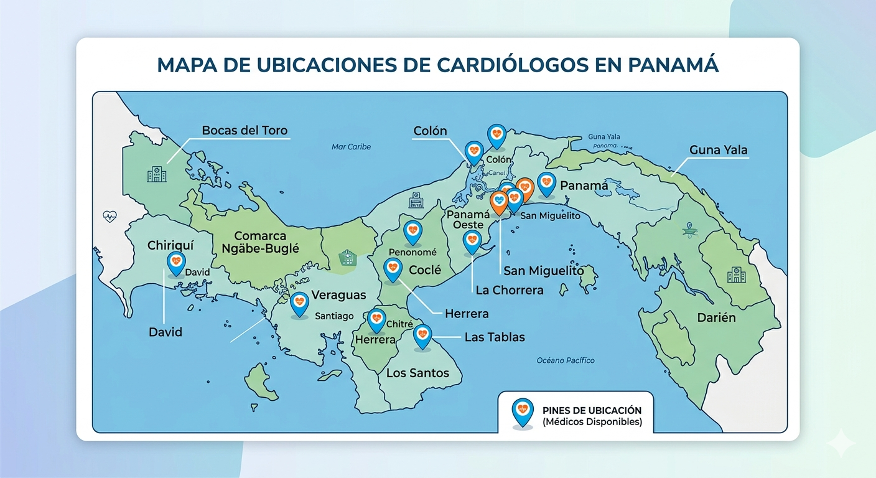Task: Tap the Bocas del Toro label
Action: click(245, 131)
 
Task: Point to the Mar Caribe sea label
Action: click(351, 147)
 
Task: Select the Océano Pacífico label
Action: click(565, 360)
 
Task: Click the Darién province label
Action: click(715, 317)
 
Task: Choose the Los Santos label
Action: click(417, 373)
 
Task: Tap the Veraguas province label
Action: click(338, 295)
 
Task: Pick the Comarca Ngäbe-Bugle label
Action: click(260, 242)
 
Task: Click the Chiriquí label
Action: click(171, 245)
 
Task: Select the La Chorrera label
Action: click(509, 290)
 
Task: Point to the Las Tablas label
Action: click(495, 337)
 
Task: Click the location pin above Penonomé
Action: click(412, 232)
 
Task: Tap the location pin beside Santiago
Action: click(299, 303)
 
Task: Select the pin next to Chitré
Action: click(376, 320)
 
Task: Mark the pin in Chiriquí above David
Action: click(176, 263)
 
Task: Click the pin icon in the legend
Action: click(521, 411)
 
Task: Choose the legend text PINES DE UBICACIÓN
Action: click(592, 411)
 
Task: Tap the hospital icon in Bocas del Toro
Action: click(156, 174)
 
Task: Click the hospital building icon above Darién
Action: click(736, 274)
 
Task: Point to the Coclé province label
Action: click(425, 270)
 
